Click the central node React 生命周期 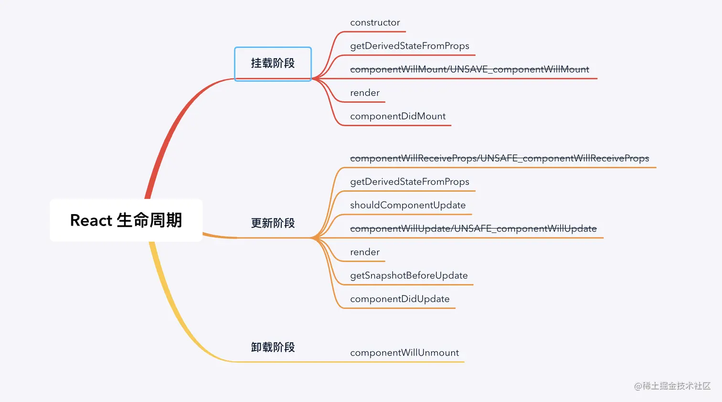pos(126,220)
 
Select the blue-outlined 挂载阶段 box pos(273,64)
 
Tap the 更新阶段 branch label pos(273,223)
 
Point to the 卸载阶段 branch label pos(273,348)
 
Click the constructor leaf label pos(375,22)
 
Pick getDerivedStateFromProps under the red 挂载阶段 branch pos(409,46)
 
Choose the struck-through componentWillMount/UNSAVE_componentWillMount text pos(469,69)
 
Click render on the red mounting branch pos(365,93)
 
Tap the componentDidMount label pos(398,116)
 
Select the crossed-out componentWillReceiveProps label pos(499,158)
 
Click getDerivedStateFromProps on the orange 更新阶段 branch pos(409,182)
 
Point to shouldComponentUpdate pos(408,205)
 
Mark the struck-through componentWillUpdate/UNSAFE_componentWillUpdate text pos(473,228)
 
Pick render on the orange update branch pos(365,252)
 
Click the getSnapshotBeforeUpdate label pos(409,275)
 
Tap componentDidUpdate pos(400,299)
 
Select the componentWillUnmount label pos(404,353)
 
